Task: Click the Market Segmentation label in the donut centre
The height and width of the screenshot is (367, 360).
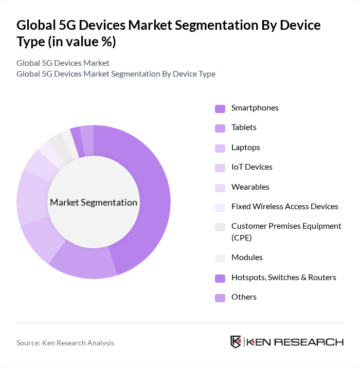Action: point(94,203)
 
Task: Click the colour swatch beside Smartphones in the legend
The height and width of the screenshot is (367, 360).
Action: point(220,108)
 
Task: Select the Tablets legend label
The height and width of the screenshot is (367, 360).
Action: point(244,127)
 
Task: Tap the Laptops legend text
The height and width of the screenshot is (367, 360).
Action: point(245,148)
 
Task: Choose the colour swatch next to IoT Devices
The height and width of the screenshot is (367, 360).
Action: point(220,168)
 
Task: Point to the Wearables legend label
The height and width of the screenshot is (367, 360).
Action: point(250,187)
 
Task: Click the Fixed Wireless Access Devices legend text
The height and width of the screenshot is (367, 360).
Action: point(284,207)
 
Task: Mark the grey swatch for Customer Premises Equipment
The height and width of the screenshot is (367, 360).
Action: point(220,227)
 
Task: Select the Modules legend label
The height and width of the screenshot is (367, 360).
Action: point(247,258)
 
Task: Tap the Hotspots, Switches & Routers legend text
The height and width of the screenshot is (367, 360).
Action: point(283,278)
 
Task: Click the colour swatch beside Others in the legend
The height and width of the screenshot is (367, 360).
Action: point(220,298)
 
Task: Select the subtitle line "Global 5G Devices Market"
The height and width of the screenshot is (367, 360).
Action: point(63,63)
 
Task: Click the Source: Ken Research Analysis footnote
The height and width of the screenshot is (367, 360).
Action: point(65,343)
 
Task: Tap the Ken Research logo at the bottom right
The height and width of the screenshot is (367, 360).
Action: point(286,342)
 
